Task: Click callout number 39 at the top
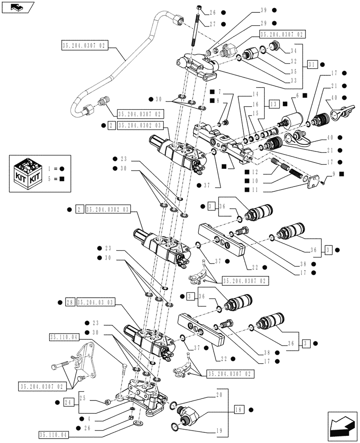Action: pyautogui.click(x=264, y=10)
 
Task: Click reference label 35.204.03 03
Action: pyautogui.click(x=95, y=302)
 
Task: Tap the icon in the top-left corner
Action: pyautogui.click(x=17, y=7)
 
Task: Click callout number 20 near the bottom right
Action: pyautogui.click(x=219, y=394)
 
